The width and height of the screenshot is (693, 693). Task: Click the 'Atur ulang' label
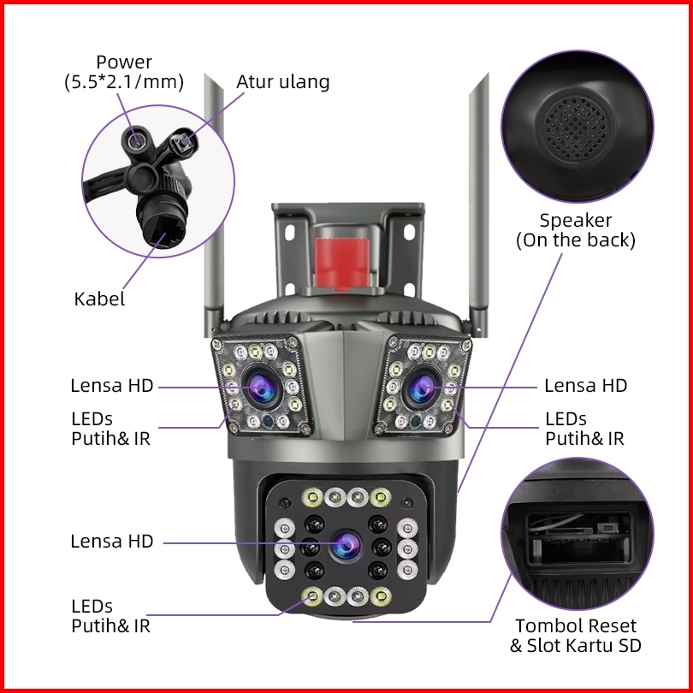[x=283, y=82]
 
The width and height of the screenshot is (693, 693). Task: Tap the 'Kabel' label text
[x=99, y=299]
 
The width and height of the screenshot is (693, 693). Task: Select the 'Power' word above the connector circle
[x=124, y=62]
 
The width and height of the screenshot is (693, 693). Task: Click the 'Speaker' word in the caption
[x=576, y=221]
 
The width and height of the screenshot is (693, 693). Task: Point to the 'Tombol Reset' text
[x=576, y=625]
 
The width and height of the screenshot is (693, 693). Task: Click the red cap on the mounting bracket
[x=342, y=262]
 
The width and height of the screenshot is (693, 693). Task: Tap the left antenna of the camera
[x=214, y=204]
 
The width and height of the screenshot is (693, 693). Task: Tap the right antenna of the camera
[x=478, y=204]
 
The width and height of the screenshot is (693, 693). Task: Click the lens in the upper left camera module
[x=261, y=388]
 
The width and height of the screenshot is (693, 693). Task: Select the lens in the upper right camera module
[x=422, y=388]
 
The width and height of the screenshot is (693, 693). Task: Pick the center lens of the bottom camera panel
[x=346, y=545]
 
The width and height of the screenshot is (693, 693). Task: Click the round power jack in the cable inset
[x=137, y=141]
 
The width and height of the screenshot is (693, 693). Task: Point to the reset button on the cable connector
[x=182, y=141]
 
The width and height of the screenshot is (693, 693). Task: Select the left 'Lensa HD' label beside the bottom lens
[x=112, y=542]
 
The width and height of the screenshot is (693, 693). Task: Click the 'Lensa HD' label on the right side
[x=585, y=386]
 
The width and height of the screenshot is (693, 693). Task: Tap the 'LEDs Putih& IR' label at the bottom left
[x=111, y=616]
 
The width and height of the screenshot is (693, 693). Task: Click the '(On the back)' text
[x=576, y=241]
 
